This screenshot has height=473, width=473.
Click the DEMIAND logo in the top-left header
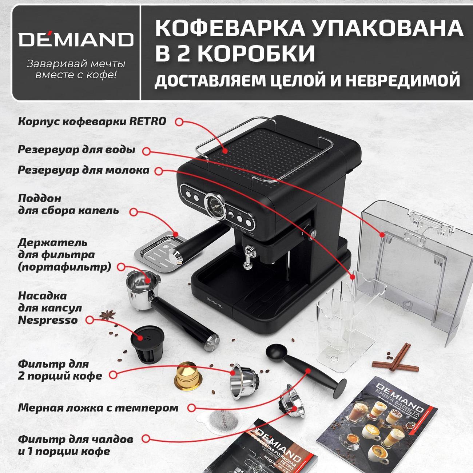click(x=76, y=39)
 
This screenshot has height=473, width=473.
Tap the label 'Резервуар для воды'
click(x=76, y=150)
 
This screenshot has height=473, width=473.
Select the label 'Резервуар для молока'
click(x=83, y=170)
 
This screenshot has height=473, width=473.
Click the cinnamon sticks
click(x=398, y=358)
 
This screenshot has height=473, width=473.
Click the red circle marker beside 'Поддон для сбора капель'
click(x=134, y=211)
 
